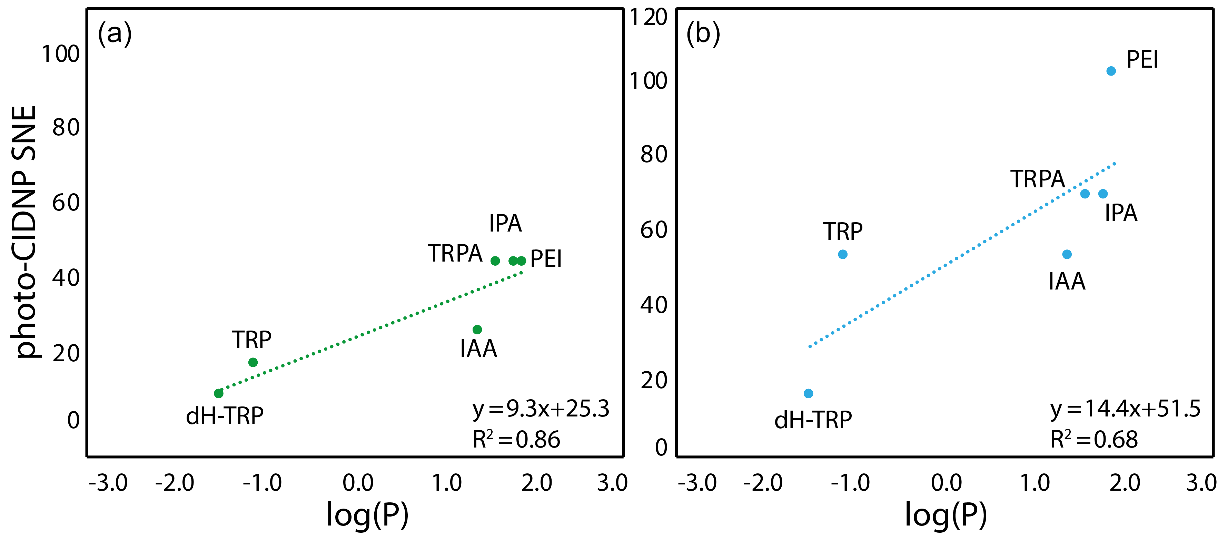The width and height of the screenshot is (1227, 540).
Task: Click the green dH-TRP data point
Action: (x=219, y=393)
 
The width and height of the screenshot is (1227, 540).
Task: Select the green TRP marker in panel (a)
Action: (x=253, y=362)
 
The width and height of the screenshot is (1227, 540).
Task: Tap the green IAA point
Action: (x=477, y=329)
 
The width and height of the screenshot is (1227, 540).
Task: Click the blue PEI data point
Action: (x=1111, y=71)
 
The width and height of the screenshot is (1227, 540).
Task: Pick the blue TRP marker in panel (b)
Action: (x=843, y=254)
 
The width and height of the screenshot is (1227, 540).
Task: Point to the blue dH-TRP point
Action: (x=808, y=393)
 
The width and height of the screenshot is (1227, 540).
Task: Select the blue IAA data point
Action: (x=1067, y=254)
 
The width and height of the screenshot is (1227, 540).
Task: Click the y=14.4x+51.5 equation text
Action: (x=1125, y=409)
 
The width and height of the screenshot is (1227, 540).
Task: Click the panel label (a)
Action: (x=114, y=33)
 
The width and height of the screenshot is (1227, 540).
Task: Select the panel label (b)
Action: (x=703, y=33)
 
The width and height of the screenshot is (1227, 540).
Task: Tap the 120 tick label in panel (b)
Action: (x=649, y=17)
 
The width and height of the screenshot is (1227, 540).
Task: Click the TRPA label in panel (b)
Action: (x=1037, y=179)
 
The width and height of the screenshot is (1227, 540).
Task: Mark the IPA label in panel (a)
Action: (x=505, y=223)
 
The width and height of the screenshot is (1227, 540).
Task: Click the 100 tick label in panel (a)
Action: (x=60, y=54)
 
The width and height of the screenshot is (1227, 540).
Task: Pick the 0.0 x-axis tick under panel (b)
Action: (x=947, y=483)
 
